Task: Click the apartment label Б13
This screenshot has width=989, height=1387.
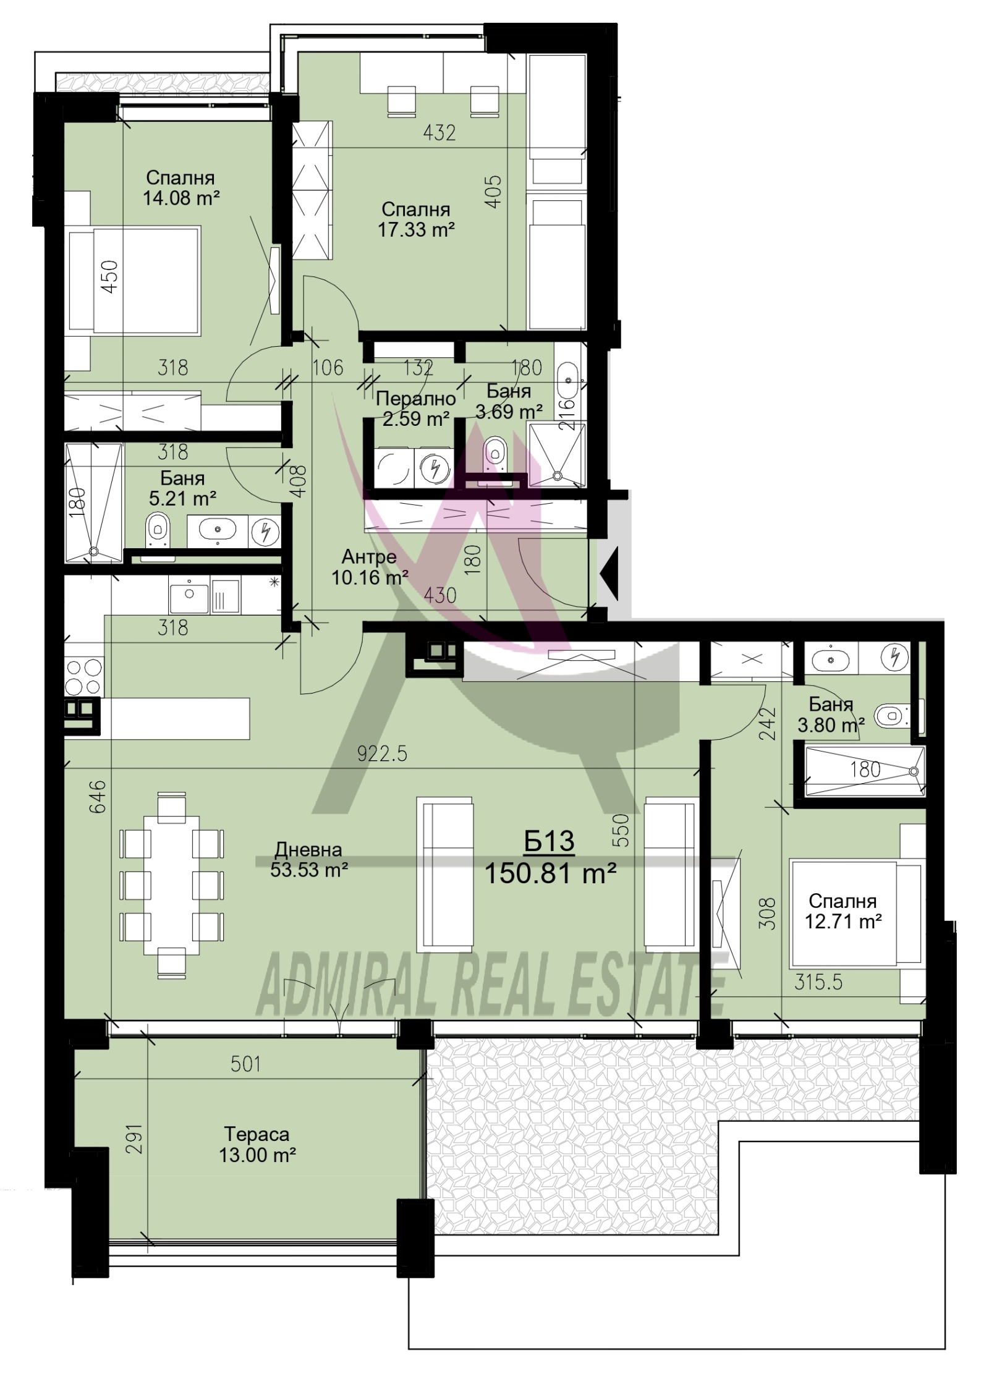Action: tap(548, 841)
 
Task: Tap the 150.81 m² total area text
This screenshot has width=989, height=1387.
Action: tap(550, 874)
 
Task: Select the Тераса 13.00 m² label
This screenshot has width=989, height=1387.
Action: tap(257, 1145)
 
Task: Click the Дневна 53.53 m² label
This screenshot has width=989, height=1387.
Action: tap(308, 860)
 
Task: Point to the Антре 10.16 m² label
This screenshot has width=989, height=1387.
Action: tap(369, 567)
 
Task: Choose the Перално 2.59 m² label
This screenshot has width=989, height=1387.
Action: tap(415, 409)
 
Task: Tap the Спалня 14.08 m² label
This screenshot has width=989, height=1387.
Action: tap(180, 187)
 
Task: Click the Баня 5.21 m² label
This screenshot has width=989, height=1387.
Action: tap(182, 488)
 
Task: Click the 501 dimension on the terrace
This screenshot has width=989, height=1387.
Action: tap(246, 1064)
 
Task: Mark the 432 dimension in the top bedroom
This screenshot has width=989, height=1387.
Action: tap(439, 132)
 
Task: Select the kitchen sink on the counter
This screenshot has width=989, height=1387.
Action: tap(189, 594)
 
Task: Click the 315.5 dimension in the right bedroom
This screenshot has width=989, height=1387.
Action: tap(818, 982)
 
